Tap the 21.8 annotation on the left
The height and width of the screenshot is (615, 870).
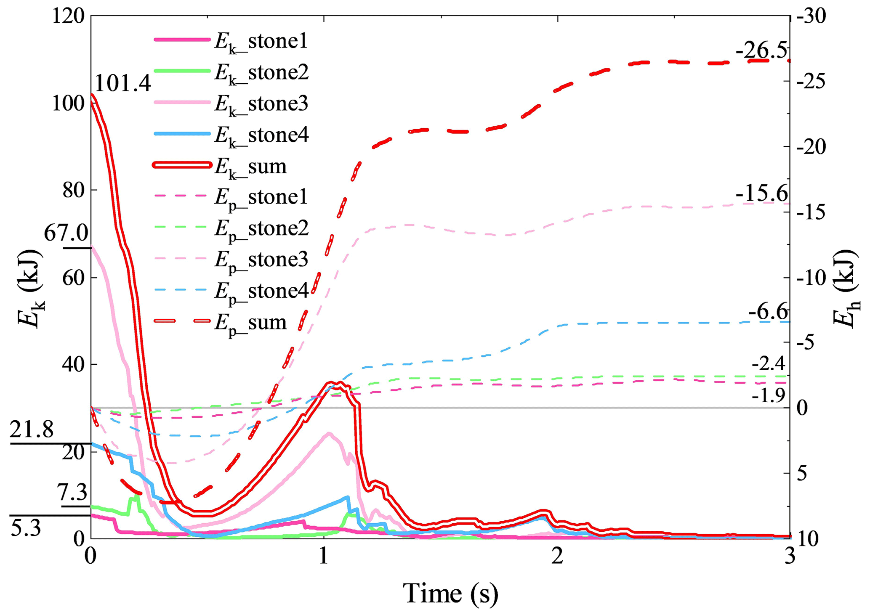click(x=32, y=430)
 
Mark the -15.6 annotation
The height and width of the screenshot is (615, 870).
click(x=761, y=194)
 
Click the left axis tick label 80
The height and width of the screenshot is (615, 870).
click(x=74, y=190)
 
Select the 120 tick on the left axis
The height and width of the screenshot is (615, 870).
click(x=69, y=17)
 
